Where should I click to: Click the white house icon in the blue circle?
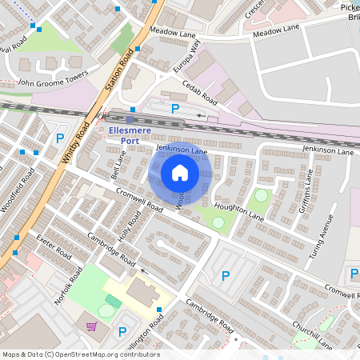[180, 173]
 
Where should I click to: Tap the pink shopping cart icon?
[91, 326]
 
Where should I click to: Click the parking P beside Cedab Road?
[175, 108]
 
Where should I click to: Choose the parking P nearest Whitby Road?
[59, 138]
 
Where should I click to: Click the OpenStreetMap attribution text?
[80, 354]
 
